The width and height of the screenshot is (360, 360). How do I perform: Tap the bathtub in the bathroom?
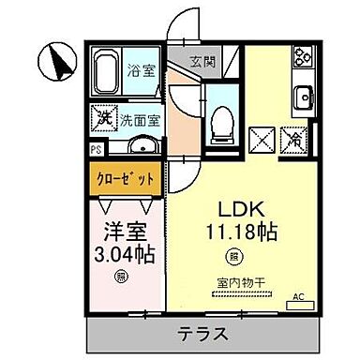[x=111, y=74]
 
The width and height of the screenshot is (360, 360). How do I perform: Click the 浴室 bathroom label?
[x=141, y=69]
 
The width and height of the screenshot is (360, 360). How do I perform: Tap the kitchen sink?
[x=305, y=97]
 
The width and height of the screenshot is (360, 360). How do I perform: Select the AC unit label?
[x=299, y=296]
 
